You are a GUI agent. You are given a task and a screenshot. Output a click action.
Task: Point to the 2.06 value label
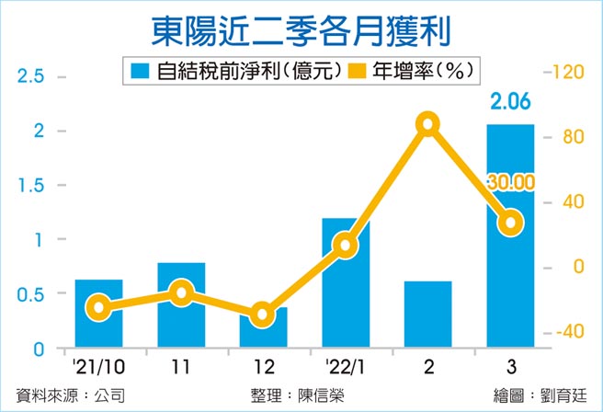(509, 109)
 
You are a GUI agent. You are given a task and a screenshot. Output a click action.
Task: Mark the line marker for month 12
(263, 315)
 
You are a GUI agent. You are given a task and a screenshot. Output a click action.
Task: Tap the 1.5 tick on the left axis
(31, 186)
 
